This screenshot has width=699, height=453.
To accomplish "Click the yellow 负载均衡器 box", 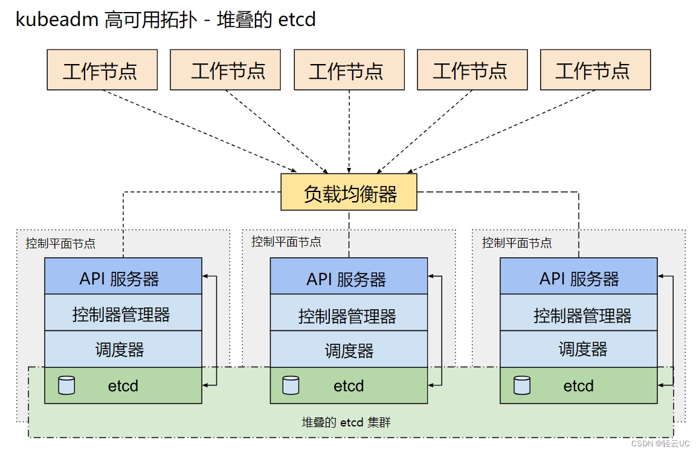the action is pyautogui.click(x=349, y=192).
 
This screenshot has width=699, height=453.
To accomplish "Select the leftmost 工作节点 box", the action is pyautogui.click(x=102, y=70).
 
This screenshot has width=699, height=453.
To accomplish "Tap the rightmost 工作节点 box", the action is pyautogui.click(x=595, y=70).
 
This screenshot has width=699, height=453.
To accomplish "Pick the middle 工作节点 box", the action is pyautogui.click(x=349, y=70).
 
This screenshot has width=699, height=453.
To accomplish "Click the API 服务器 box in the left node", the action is pyautogui.click(x=123, y=276).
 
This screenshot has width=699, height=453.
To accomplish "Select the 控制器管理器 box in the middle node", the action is pyautogui.click(x=349, y=312).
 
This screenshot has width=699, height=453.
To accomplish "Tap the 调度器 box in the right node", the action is pyautogui.click(x=579, y=349).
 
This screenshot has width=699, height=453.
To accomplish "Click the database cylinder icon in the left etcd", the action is pyautogui.click(x=66, y=385).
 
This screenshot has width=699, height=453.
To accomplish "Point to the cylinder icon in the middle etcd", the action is pyautogui.click(x=291, y=385).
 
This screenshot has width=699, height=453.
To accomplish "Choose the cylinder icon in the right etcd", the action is pyautogui.click(x=521, y=385).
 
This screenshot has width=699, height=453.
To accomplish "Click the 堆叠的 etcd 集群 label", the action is pyautogui.click(x=346, y=422).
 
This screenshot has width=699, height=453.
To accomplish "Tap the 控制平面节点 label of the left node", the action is pyautogui.click(x=60, y=243).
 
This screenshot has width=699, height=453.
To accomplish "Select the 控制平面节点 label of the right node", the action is pyautogui.click(x=517, y=243).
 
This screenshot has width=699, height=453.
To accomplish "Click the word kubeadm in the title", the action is pyautogui.click(x=57, y=19).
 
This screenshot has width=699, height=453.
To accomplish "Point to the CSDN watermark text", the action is pyautogui.click(x=660, y=443).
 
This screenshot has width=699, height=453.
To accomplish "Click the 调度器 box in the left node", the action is pyautogui.click(x=123, y=349).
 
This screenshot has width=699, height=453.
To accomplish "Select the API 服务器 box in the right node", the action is pyautogui.click(x=579, y=276).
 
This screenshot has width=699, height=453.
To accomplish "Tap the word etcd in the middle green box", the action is pyautogui.click(x=349, y=386).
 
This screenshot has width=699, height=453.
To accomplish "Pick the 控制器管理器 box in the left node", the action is pyautogui.click(x=123, y=312).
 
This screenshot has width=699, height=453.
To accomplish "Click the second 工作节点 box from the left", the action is pyautogui.click(x=225, y=70).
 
